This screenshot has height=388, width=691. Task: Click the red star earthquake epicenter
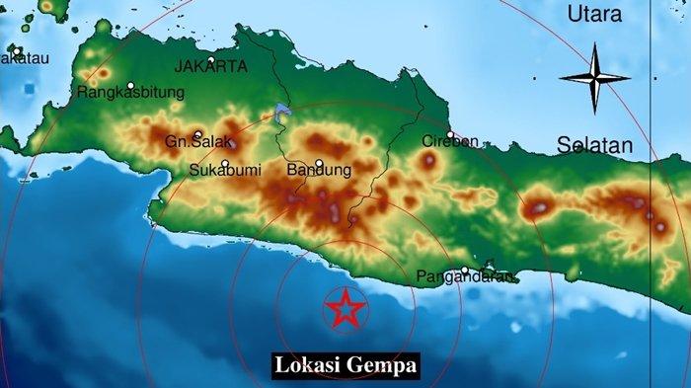[345, 310]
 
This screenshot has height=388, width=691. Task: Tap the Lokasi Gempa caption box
[345, 364]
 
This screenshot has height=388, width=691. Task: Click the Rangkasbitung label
[131, 94]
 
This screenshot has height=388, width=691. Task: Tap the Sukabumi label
[225, 171]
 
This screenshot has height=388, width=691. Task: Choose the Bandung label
[319, 171]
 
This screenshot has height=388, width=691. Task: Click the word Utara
[595, 15]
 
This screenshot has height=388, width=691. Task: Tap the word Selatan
[594, 145]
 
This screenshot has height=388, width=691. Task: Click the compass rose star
[594, 78]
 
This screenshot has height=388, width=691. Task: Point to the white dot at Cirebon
[450, 134]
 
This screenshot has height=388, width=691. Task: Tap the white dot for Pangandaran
[465, 270]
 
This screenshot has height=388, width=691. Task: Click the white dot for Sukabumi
[225, 164]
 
